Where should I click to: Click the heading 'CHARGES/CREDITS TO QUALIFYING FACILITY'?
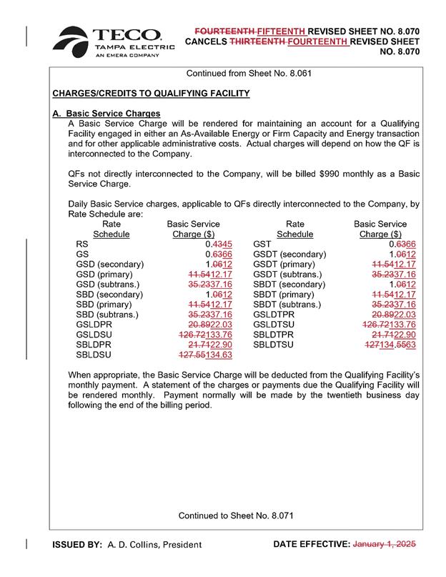[151, 94]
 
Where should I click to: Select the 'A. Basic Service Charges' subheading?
[106, 114]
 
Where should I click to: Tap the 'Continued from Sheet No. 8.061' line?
[248, 73]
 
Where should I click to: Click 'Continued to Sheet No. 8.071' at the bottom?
[236, 515]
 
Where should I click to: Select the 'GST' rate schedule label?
[262, 244]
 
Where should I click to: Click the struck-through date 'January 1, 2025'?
[384, 545]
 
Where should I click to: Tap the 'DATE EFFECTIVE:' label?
[311, 545]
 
